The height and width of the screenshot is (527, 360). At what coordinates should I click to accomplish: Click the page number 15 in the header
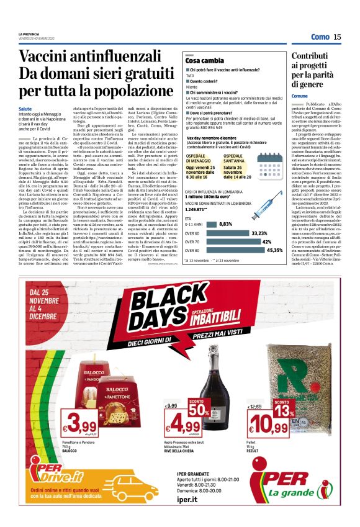point(337,37)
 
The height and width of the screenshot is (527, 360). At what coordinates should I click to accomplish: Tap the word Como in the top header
point(320,37)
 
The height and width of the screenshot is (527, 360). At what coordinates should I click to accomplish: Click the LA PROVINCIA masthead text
point(29,34)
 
